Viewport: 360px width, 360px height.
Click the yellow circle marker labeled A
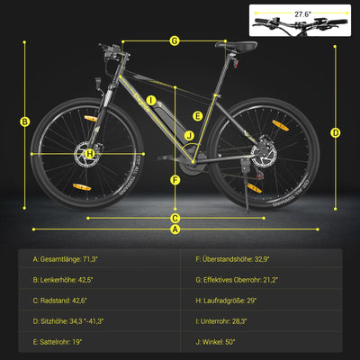[x=175, y=229]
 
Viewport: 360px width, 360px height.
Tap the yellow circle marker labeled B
[x=25, y=121]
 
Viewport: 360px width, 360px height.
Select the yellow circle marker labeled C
[x=175, y=218]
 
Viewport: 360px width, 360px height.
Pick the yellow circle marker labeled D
[x=335, y=132]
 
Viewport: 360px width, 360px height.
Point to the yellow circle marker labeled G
[x=175, y=40]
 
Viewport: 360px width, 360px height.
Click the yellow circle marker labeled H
[x=90, y=154]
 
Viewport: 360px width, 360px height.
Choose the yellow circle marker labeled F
[x=175, y=178]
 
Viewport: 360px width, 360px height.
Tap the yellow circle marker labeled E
[x=197, y=116]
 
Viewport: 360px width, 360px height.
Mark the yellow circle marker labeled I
[x=151, y=101]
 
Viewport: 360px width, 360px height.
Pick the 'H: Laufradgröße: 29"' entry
[x=228, y=299]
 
